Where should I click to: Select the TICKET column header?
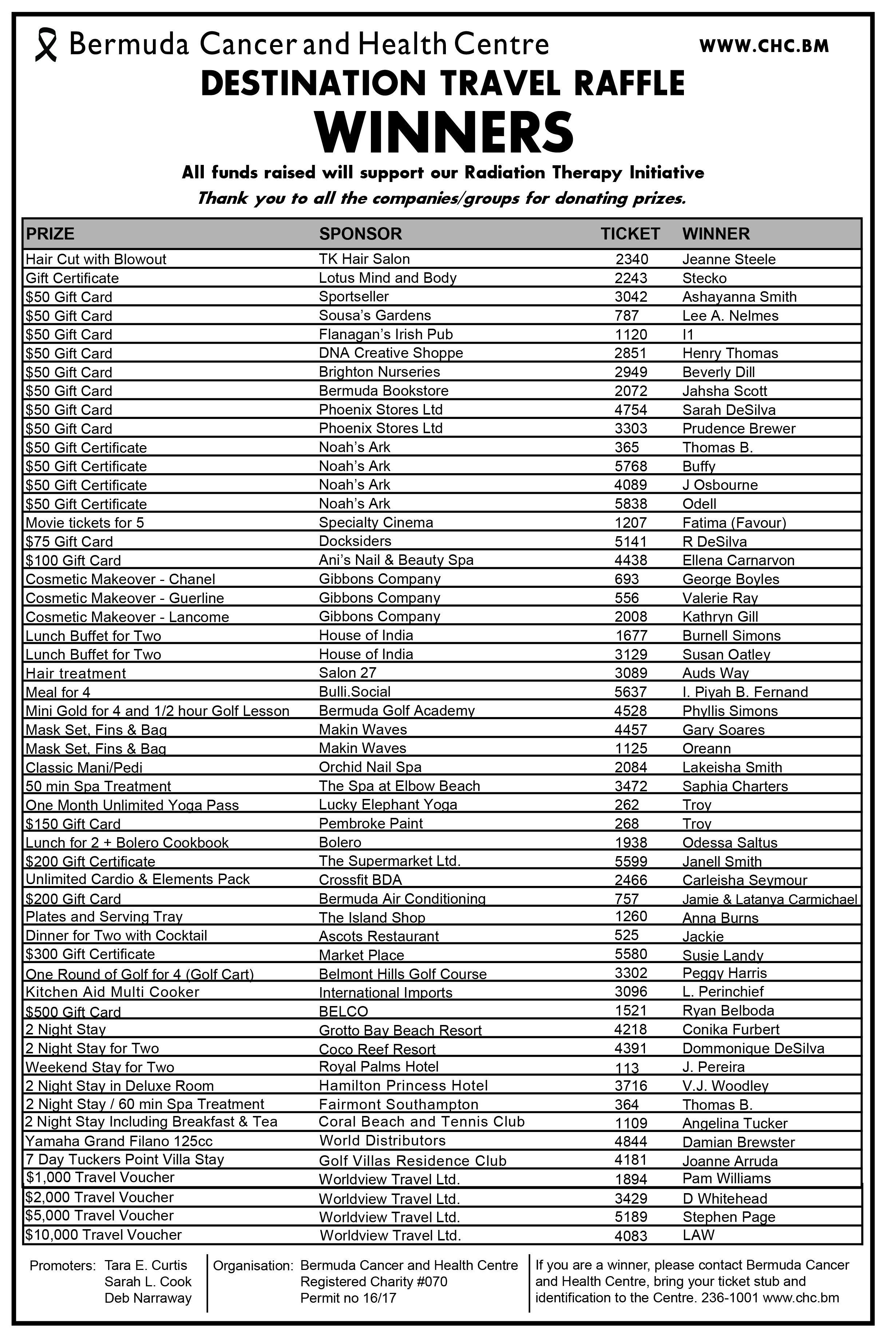click(x=630, y=234)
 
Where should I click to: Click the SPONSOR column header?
click(x=360, y=234)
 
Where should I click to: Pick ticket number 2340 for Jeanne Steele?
click(x=631, y=259)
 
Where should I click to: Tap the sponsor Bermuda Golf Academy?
click(x=396, y=710)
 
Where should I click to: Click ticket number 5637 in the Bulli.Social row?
click(x=631, y=692)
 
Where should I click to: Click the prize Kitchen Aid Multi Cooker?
click(x=112, y=992)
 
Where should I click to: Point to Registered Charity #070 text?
click(x=373, y=1282)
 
